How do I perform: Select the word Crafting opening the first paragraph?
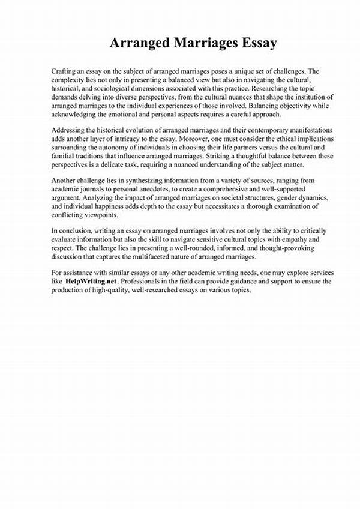pyautogui.click(x=65, y=71)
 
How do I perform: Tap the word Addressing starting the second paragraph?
pyautogui.click(x=71, y=131)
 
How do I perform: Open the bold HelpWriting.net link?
pyautogui.click(x=90, y=281)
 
